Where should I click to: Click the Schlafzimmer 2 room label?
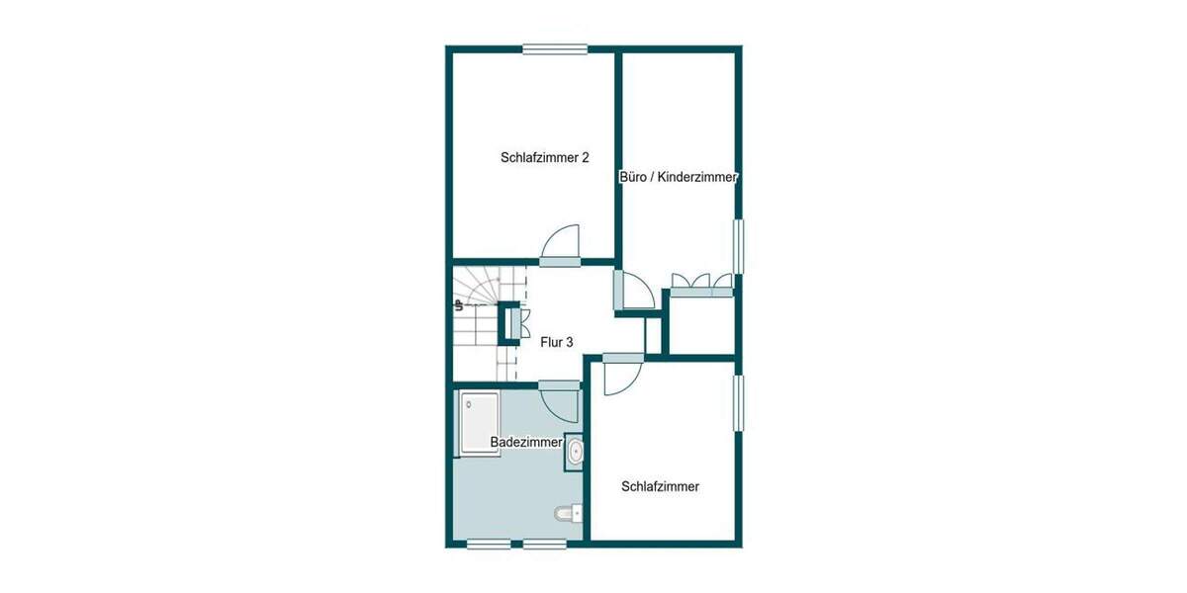coord(545,157)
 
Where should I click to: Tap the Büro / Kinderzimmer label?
coord(679,178)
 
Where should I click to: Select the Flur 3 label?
coord(557,343)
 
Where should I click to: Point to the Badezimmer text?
coord(525,443)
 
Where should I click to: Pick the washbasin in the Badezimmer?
coord(575,451)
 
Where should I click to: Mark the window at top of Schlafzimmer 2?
coord(555,49)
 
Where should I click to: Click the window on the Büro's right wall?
coord(738,245)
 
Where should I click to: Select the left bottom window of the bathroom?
coord(488,543)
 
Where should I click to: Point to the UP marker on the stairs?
coord(459,306)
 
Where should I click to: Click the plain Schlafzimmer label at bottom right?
coord(660,486)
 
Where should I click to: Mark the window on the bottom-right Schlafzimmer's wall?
coord(738,402)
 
